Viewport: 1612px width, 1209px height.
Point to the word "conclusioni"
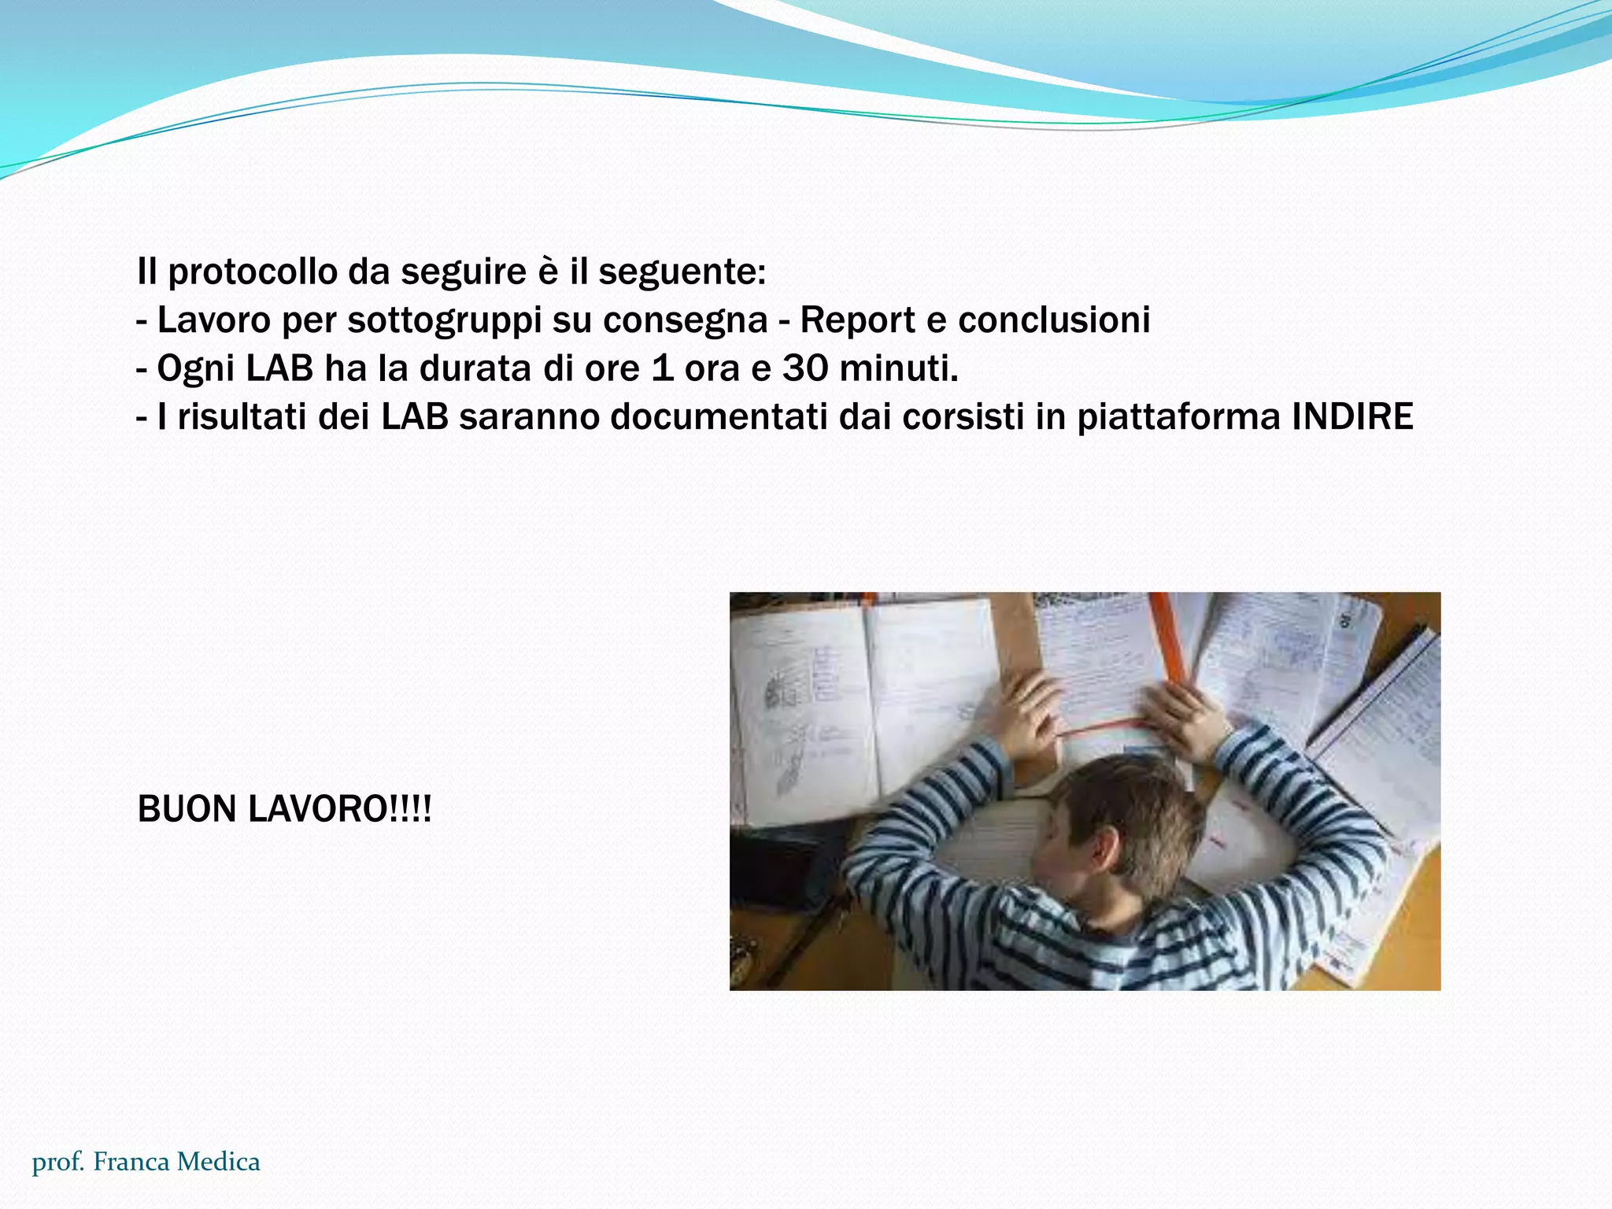1054,320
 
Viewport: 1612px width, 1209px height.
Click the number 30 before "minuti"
804,368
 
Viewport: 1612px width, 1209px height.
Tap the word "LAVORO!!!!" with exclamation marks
339,809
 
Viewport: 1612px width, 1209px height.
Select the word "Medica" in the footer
218,1162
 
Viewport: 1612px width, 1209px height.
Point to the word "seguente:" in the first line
682,272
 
